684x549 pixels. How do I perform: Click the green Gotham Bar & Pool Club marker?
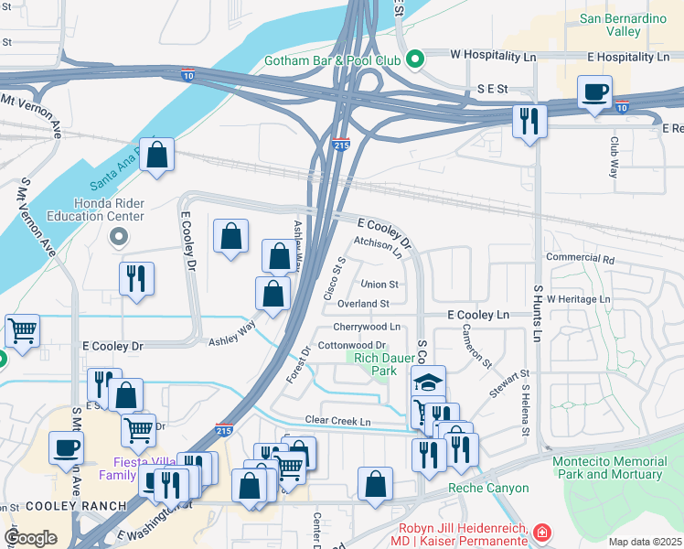pyautogui.click(x=414, y=60)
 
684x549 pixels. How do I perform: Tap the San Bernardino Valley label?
pyautogui.click(x=627, y=25)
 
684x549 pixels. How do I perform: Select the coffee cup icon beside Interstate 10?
pyautogui.click(x=594, y=92)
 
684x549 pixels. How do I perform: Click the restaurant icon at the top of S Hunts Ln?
pyautogui.click(x=529, y=121)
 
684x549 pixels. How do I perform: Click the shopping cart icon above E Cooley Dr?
pyautogui.click(x=22, y=330)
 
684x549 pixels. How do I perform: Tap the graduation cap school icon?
pyautogui.click(x=427, y=382)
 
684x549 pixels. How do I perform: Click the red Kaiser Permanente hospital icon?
pyautogui.click(x=541, y=532)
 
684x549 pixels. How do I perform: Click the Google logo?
pyautogui.click(x=31, y=538)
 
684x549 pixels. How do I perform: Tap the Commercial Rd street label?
pyautogui.click(x=580, y=257)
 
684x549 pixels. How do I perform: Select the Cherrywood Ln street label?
pyautogui.click(x=367, y=327)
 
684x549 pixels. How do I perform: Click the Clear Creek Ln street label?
pyautogui.click(x=338, y=421)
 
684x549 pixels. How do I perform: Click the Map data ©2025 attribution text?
pyautogui.click(x=645, y=542)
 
